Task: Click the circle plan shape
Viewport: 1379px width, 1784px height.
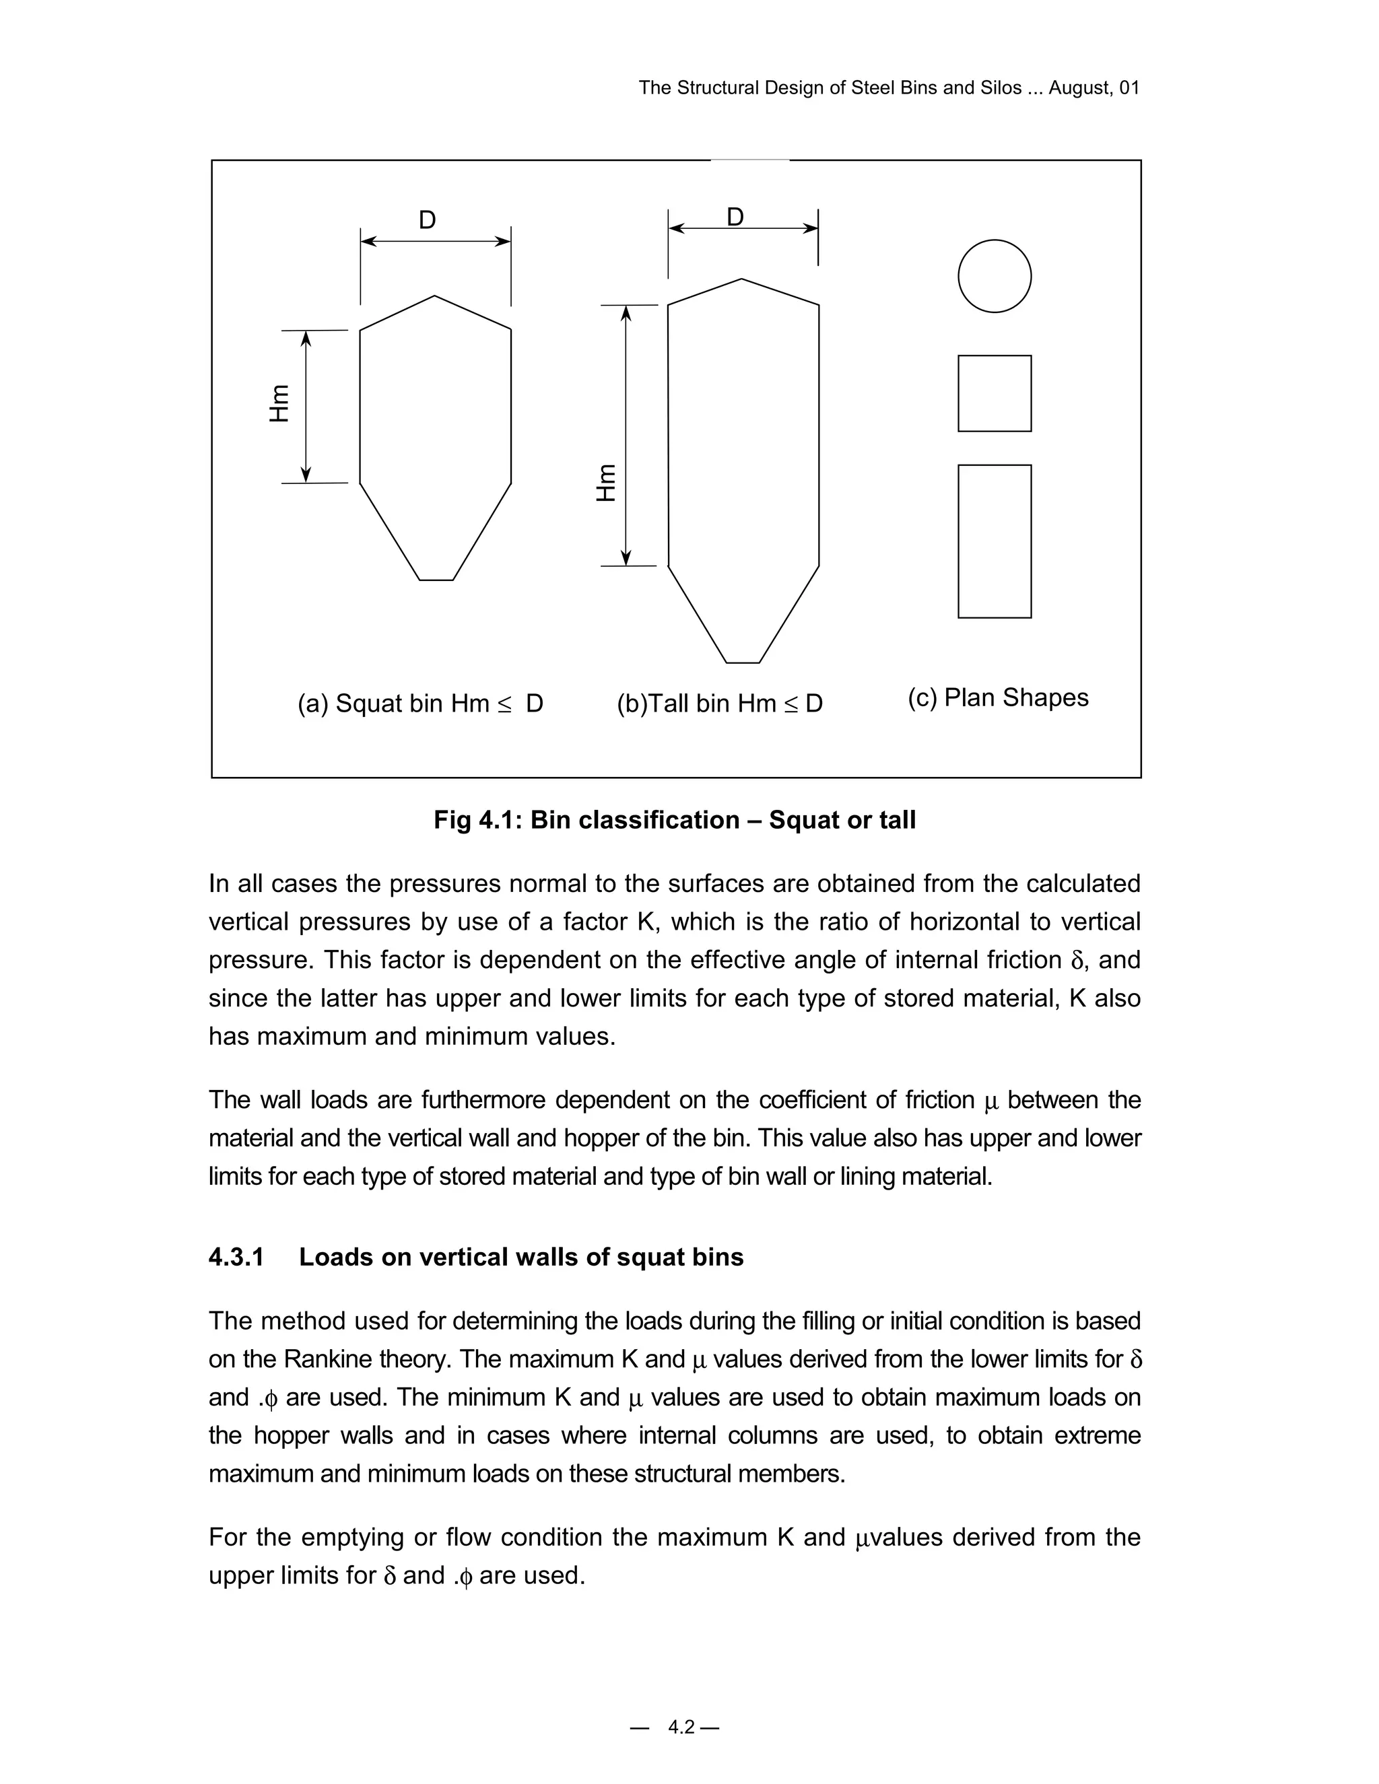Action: point(995,276)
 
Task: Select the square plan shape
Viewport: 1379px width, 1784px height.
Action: point(995,393)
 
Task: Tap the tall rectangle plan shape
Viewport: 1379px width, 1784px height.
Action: point(995,541)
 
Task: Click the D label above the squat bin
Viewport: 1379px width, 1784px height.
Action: point(428,219)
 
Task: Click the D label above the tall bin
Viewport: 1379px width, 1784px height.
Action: point(735,217)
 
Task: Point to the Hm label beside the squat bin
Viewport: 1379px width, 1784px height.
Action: point(279,403)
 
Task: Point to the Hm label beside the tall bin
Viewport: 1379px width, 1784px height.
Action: point(605,483)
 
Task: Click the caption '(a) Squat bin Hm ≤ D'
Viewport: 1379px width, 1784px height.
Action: point(420,704)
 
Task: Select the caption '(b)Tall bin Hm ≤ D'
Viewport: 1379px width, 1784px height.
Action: point(720,704)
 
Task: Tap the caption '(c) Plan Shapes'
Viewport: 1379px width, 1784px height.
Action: point(997,697)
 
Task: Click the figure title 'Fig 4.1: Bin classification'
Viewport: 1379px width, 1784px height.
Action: point(675,820)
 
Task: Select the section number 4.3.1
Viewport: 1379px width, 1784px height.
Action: point(236,1257)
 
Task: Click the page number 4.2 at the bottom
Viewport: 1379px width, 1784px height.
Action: point(681,1727)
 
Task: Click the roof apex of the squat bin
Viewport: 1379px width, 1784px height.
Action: point(434,296)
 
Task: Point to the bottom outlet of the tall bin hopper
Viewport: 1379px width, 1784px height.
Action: point(743,662)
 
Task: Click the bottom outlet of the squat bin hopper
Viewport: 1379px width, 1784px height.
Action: point(436,579)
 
